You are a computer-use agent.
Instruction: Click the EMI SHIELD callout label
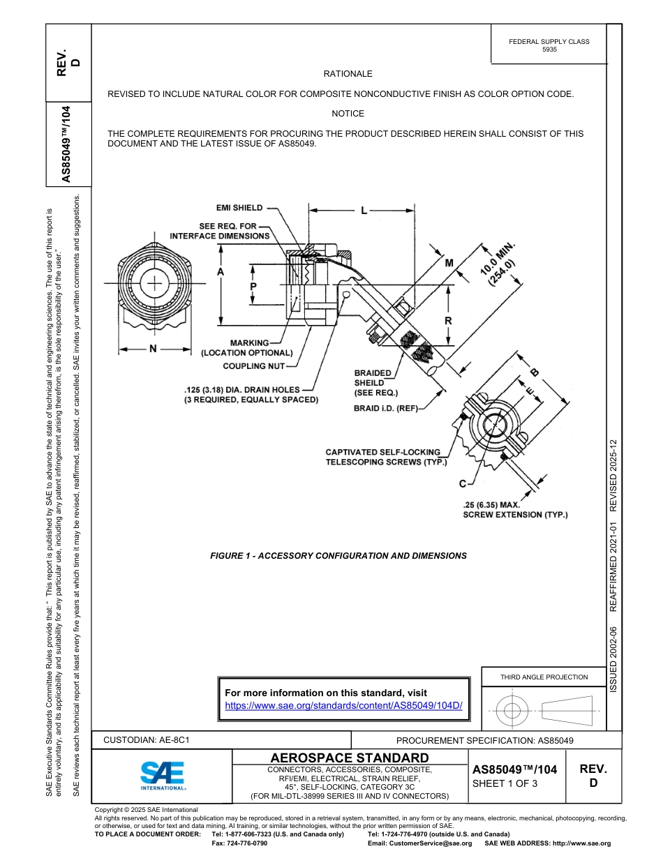[x=239, y=208]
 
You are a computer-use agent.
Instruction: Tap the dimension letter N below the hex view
[x=153, y=349]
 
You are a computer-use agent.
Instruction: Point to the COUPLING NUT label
[x=253, y=366]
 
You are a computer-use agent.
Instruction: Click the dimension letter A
[x=221, y=273]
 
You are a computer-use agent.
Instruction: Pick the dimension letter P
[x=253, y=287]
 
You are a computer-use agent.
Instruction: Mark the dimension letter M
[x=449, y=263]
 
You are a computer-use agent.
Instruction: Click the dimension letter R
[x=448, y=321]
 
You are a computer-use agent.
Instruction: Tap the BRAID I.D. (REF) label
[x=385, y=409]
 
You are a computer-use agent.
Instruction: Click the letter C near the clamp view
[x=462, y=483]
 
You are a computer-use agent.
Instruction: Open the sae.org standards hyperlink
[x=343, y=705]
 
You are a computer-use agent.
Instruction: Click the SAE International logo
[x=163, y=774]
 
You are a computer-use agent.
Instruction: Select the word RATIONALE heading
[x=348, y=74]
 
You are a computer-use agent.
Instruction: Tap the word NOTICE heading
[x=348, y=114]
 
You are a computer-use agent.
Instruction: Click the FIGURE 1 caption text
[x=338, y=556]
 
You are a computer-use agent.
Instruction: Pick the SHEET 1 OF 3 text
[x=505, y=783]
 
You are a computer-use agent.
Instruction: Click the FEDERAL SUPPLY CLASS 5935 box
[x=549, y=45]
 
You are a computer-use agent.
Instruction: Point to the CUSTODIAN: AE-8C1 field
[x=147, y=739]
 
